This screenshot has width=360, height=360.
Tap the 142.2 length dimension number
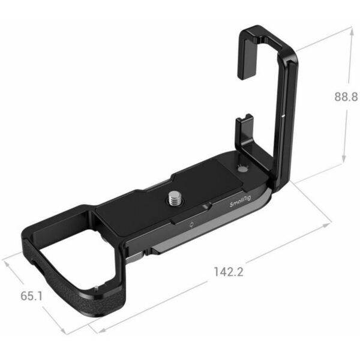[x=227, y=272]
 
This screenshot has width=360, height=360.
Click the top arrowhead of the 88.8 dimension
[x=343, y=29]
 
